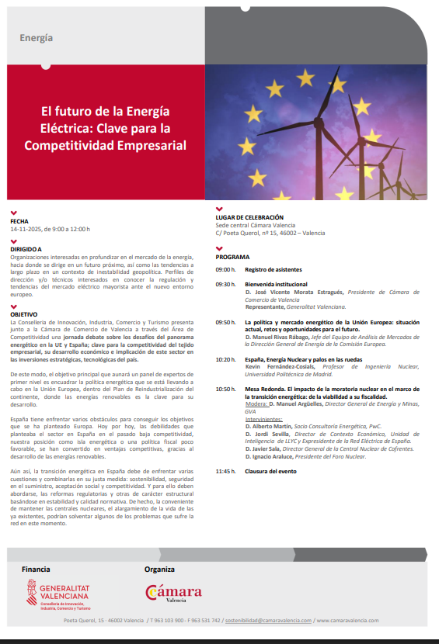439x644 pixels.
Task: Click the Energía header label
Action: [x=37, y=37]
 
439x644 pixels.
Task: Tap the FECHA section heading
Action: [x=19, y=221]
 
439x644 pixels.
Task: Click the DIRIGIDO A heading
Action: [x=26, y=248]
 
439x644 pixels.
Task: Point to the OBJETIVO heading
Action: [x=24, y=314]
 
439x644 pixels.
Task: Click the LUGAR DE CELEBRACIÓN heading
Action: [x=249, y=217]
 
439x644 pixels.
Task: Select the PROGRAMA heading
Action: [x=233, y=256]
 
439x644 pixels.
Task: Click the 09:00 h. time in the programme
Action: [x=225, y=269]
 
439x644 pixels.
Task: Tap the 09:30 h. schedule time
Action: [x=225, y=285]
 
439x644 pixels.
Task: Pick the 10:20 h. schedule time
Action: [x=225, y=338]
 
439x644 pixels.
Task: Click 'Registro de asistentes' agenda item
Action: [x=273, y=269]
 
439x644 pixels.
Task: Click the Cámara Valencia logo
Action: [x=173, y=594]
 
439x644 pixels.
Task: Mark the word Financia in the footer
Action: [x=37, y=569]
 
